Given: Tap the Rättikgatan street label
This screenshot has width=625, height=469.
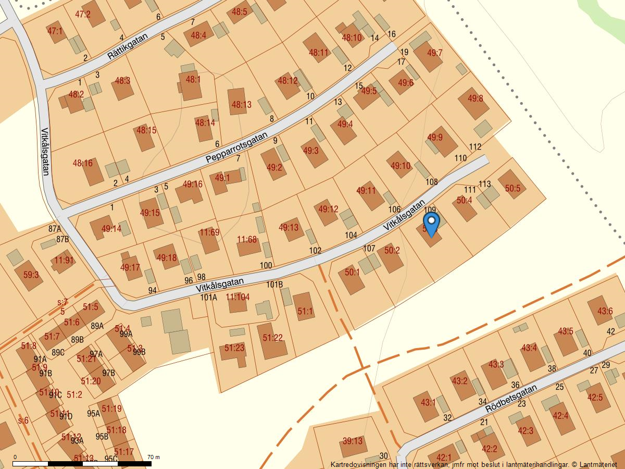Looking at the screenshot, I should [128, 47].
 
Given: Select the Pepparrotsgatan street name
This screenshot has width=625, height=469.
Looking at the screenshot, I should [236, 147].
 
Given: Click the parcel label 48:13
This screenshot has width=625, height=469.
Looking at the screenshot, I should [241, 105].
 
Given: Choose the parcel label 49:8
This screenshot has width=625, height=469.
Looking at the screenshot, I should [476, 98].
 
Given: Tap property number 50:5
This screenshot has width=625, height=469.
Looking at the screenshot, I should [512, 189].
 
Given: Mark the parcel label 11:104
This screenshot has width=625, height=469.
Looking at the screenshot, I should [238, 297].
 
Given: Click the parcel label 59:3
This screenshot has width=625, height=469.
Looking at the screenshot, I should [31, 275].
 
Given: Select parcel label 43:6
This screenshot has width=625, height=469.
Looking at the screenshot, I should [605, 312].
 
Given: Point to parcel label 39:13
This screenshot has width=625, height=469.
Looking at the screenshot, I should [352, 441].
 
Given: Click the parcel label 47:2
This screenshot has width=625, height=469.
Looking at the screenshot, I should [83, 15].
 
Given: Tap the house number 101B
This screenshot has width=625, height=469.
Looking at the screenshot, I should [274, 285].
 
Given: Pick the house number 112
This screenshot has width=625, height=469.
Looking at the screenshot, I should [475, 147].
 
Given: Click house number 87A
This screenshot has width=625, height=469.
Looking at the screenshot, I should [55, 229].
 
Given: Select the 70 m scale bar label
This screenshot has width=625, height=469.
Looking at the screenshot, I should [154, 458].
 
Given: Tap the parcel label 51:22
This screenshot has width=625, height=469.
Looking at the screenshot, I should [272, 338].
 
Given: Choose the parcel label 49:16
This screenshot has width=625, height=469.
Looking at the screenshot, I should [193, 184].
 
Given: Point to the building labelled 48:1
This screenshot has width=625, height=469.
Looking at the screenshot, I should [193, 80].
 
